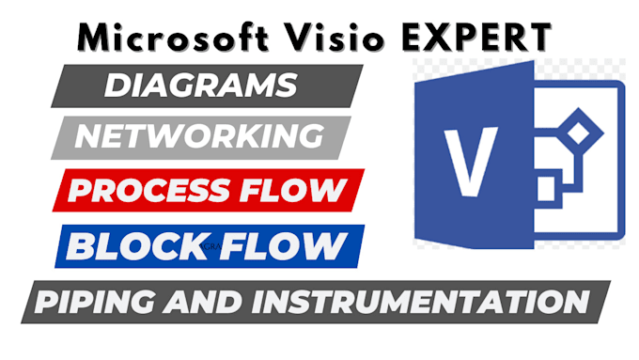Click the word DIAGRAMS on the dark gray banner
198,86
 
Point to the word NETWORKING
198,137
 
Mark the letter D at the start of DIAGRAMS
117,86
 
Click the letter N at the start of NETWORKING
88,137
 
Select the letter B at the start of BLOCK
83,247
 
